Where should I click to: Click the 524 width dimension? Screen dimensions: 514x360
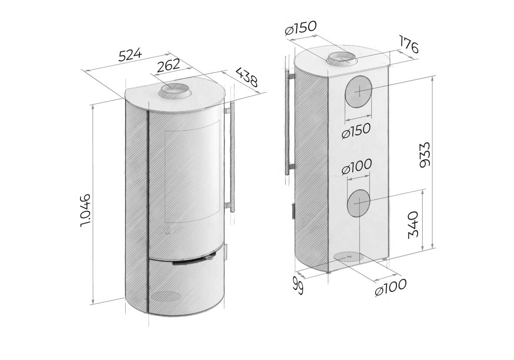[x=130, y=55]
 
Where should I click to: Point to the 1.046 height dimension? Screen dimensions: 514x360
[x=85, y=210]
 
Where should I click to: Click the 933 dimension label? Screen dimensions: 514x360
[x=424, y=155]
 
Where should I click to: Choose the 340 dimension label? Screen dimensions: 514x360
[x=414, y=225]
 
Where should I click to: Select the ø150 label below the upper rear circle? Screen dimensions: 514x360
[x=356, y=130]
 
